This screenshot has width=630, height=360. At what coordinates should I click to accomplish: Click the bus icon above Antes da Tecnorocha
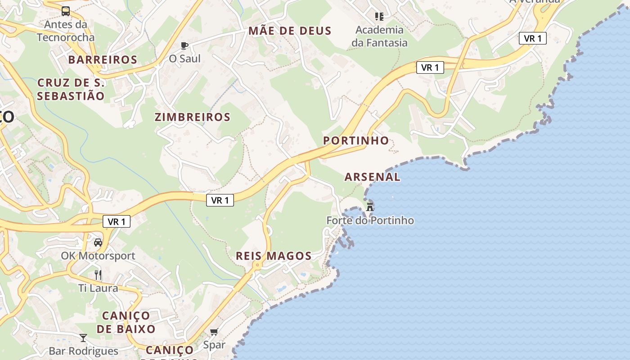coord(66,11)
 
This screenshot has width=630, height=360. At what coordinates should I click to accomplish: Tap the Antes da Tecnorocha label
coord(66,31)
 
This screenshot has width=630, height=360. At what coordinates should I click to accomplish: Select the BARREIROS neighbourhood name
coord(103,59)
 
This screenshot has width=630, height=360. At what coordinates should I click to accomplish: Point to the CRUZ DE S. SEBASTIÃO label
coord(71,89)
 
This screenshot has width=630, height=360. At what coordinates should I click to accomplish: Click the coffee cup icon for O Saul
coord(184,45)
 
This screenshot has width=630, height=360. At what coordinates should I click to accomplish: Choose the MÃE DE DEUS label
coord(290,31)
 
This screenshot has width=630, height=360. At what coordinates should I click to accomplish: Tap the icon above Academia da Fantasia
coord(379,17)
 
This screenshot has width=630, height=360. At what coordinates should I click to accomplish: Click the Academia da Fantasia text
coord(380,36)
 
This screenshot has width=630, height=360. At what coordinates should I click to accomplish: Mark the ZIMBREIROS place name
coord(193,117)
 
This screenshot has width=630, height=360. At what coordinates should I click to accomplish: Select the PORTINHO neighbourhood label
coord(356,140)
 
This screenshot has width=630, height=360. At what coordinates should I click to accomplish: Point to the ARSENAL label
coord(372,177)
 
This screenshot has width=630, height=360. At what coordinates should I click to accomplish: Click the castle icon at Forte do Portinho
coord(370,207)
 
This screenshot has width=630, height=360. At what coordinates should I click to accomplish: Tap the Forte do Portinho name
coord(370,220)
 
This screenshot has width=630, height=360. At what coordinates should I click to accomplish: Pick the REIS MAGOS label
coord(274,256)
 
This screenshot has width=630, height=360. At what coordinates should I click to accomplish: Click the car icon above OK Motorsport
coord(98,242)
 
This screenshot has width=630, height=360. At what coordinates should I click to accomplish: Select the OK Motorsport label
coord(98,256)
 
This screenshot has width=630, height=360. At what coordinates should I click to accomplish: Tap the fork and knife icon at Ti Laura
coord(98,274)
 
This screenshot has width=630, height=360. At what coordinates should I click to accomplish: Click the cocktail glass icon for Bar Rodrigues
coord(83,337)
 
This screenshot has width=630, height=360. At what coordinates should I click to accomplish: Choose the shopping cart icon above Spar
coord(214,332)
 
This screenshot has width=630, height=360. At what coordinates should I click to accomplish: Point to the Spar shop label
coord(214,345)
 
